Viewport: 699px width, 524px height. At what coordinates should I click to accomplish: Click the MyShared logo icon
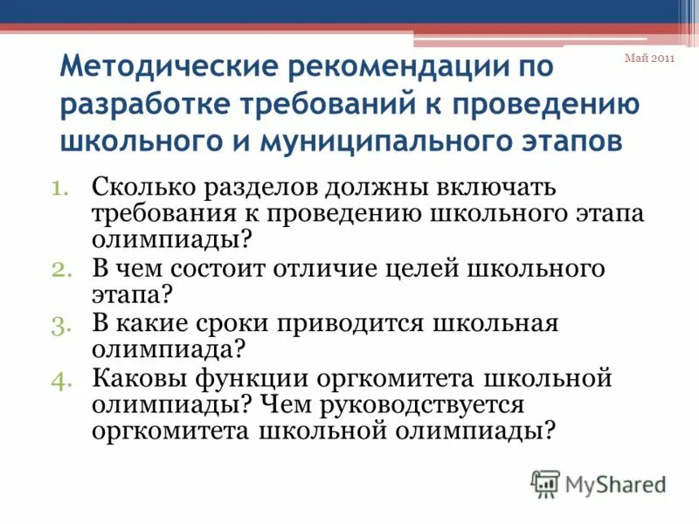545,483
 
